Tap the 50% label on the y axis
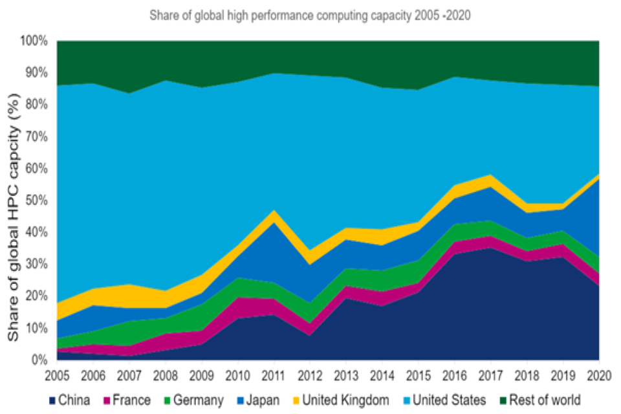coord(38,201)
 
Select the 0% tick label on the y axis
coord(41,360)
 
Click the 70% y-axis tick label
coord(38,137)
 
